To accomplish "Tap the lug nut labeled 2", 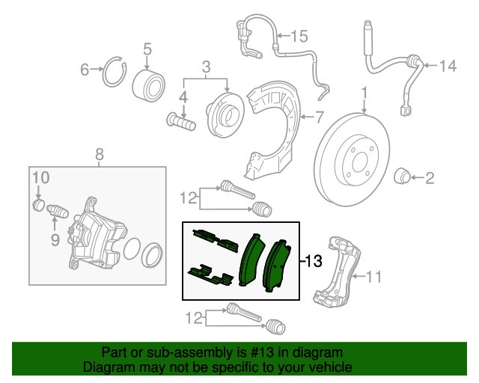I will pos(402,177).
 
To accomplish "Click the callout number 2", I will pos(430,178).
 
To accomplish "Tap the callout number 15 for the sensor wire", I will pos(299,35).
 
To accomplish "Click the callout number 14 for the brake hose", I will pos(447,67).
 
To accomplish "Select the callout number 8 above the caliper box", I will pos(99,155).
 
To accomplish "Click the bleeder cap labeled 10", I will pos(38,204).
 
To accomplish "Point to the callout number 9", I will pos(55,239).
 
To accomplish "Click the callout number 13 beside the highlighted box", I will pos(314,261).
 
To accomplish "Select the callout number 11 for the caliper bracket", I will pos(373,278).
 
